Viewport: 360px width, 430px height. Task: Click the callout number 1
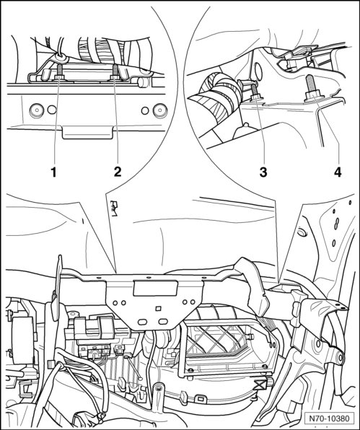tap(53, 172)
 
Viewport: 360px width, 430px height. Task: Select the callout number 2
tap(118, 172)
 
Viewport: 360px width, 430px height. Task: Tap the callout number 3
tap(263, 172)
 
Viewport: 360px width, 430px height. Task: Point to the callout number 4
tap(338, 172)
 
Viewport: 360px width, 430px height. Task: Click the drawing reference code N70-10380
tap(329, 418)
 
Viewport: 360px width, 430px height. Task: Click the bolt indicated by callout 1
tap(58, 72)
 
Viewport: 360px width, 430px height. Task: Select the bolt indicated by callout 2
tap(115, 72)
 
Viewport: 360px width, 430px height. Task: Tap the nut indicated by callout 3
tap(256, 97)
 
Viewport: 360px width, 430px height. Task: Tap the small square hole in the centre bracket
tap(158, 309)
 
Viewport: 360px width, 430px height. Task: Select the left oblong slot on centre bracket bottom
tap(142, 321)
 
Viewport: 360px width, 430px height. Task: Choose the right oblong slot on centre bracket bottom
tap(163, 321)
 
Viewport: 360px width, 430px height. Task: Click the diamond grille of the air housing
tap(216, 338)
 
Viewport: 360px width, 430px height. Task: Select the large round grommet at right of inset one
tap(159, 110)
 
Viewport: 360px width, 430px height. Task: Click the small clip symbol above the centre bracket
tap(114, 209)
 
